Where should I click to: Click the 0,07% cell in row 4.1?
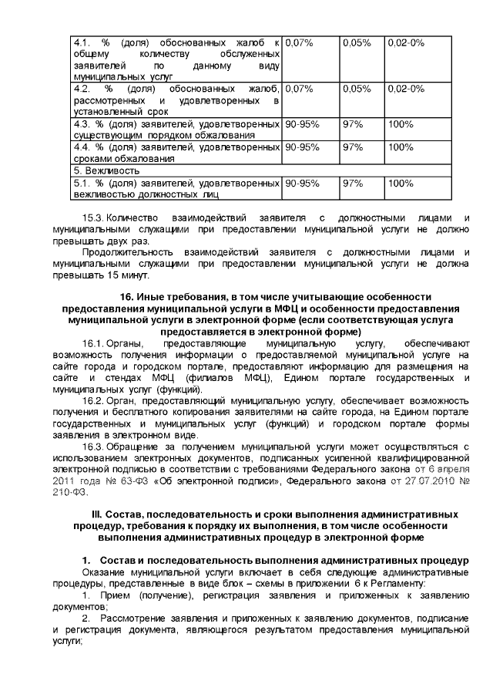tap(299, 43)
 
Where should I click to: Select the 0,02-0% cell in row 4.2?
tap(406, 89)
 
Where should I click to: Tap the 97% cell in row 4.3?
tap(353, 124)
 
